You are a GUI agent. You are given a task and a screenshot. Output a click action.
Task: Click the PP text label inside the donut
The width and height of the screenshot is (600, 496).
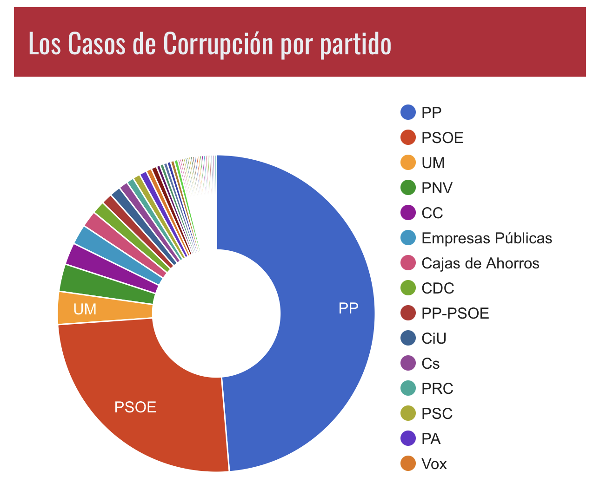[x=348, y=308]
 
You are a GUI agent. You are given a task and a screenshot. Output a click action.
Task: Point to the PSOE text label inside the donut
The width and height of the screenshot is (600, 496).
[x=135, y=407]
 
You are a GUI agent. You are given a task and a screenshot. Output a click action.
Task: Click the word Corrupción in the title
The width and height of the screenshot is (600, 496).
[x=218, y=44]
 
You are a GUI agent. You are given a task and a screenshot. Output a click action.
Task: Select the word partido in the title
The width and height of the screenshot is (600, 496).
[x=356, y=44]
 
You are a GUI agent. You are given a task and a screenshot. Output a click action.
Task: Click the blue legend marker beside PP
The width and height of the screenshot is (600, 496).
[x=408, y=112]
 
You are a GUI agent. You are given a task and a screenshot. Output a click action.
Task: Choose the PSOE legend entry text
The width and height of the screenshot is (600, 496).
[x=442, y=137]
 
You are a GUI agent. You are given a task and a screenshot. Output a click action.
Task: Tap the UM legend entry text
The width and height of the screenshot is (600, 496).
[x=433, y=163]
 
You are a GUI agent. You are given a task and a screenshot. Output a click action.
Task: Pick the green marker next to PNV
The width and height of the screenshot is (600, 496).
[x=408, y=188]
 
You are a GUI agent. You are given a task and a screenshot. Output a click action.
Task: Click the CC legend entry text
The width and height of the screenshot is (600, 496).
[x=432, y=213]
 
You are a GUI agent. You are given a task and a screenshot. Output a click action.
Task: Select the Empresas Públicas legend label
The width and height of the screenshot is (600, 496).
[x=487, y=238]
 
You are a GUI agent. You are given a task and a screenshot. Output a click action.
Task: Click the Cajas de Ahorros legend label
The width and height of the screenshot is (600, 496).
[x=480, y=263]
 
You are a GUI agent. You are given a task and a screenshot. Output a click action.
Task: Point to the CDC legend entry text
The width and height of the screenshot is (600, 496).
[x=438, y=288]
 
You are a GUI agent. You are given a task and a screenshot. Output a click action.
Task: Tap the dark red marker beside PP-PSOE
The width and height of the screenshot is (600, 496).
[x=408, y=313]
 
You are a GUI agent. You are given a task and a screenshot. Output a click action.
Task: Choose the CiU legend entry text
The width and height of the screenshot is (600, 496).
[x=434, y=338]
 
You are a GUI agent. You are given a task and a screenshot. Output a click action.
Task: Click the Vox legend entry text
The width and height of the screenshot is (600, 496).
[x=434, y=464]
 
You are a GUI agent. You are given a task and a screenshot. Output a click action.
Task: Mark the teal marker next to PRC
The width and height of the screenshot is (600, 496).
[x=408, y=388]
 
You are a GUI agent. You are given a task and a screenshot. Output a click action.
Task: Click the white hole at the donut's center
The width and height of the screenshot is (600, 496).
[x=216, y=313]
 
